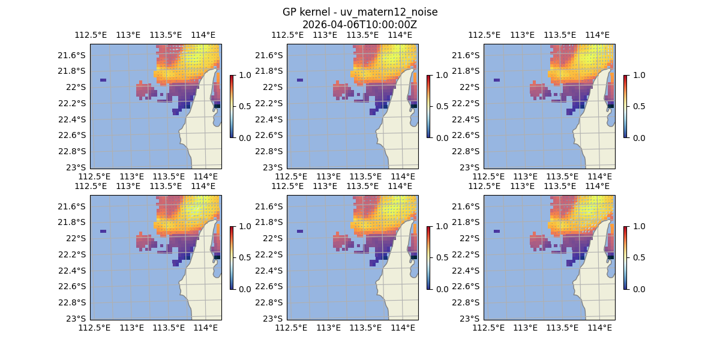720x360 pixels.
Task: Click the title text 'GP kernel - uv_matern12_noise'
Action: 359,13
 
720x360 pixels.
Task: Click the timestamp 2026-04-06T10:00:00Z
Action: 359,25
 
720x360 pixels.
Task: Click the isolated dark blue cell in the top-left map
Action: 103,80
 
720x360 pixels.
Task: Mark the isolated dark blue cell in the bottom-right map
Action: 497,231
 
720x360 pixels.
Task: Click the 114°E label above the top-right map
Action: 597,35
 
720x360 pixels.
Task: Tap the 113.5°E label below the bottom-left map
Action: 169,328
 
